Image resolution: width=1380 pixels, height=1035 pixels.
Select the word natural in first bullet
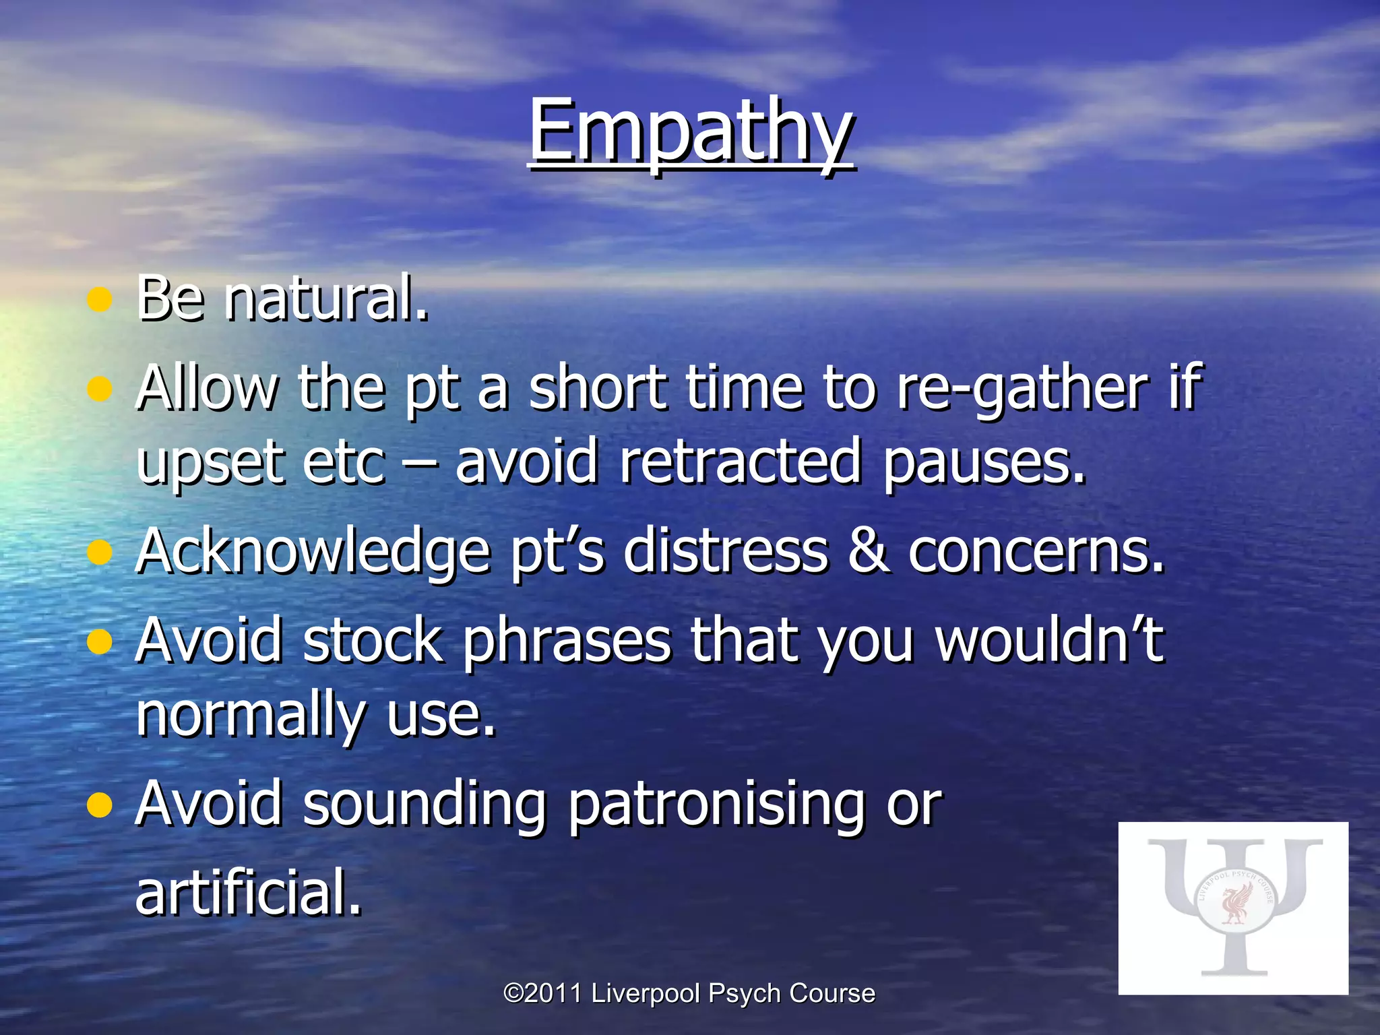[326, 299]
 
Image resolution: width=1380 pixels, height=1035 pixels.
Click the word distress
[725, 551]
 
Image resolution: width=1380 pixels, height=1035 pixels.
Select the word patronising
[717, 805]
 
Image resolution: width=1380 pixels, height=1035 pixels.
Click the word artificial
[248, 892]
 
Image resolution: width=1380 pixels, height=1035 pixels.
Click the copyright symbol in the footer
[514, 993]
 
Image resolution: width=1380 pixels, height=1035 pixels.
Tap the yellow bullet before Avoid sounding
[100, 805]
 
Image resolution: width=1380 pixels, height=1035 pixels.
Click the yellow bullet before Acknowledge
[100, 553]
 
